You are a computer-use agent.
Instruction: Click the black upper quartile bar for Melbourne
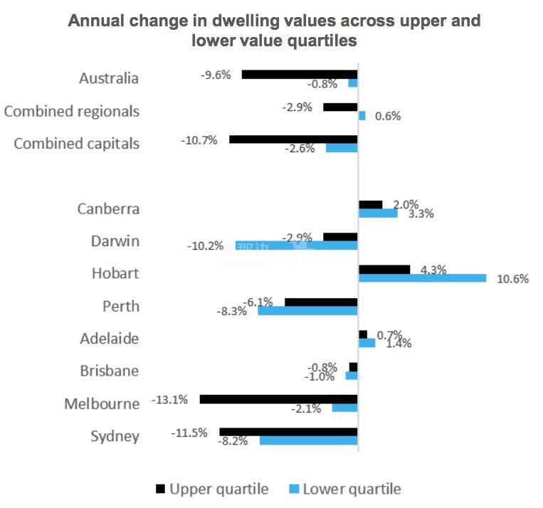coord(278,399)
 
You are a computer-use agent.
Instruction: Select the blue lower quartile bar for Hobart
coord(422,278)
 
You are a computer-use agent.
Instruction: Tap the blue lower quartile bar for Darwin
coord(297,245)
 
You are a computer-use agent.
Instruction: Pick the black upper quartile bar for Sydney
coord(288,432)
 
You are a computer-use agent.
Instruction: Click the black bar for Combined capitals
coord(293,139)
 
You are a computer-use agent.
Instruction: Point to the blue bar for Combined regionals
coord(362,115)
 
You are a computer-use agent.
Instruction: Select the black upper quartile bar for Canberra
coord(370,204)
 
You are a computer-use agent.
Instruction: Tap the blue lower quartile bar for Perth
coord(307,311)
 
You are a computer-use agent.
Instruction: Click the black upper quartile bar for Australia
coord(300,74)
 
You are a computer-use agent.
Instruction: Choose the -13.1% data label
coord(170,400)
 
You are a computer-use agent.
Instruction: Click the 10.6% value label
coord(512,279)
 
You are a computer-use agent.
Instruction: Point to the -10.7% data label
coord(199,139)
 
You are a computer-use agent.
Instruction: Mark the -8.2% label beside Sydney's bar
coord(233,441)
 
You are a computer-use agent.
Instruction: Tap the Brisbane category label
coord(110,371)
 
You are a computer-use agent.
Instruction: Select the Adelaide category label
coord(110,339)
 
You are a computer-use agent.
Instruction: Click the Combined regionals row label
coord(71,111)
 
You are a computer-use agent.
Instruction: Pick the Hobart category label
coord(115,273)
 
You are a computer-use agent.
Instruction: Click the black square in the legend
coord(160,489)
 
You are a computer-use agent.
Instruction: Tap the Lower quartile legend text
coord(352,489)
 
